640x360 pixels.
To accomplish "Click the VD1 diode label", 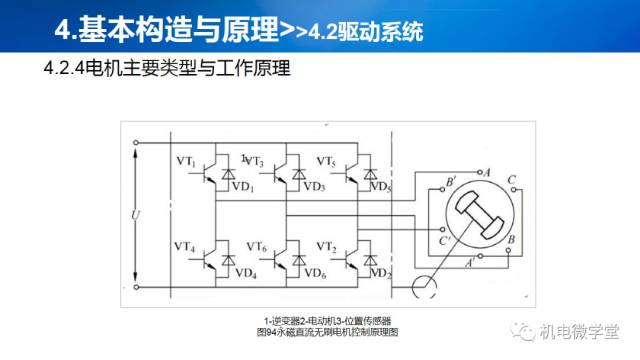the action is pyautogui.click(x=244, y=187).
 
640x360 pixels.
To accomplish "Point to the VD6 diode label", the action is pyautogui.click(x=314, y=272).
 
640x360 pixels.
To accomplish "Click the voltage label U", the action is pyautogui.click(x=136, y=215).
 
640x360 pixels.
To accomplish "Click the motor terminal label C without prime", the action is pyautogui.click(x=511, y=181).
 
